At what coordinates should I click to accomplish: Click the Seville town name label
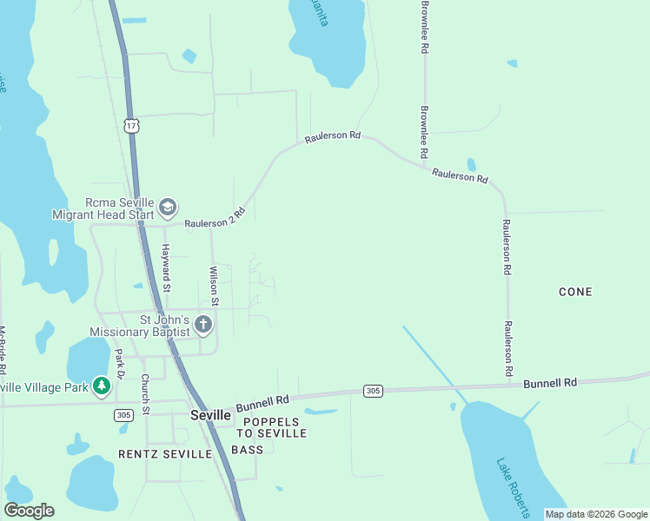[210, 416]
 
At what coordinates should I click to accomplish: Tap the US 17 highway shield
[131, 127]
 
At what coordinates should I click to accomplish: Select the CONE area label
[575, 292]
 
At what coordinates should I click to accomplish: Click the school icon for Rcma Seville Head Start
[168, 208]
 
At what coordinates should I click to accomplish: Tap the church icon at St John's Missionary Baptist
[203, 326]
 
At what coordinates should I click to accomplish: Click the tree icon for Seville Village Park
[102, 386]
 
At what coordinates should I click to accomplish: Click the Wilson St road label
[214, 285]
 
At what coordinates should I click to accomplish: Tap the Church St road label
[146, 393]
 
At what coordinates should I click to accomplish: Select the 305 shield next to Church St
[123, 416]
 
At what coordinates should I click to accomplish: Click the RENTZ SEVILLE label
[165, 454]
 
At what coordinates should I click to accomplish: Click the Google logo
[29, 511]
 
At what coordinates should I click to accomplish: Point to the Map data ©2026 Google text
[596, 514]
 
